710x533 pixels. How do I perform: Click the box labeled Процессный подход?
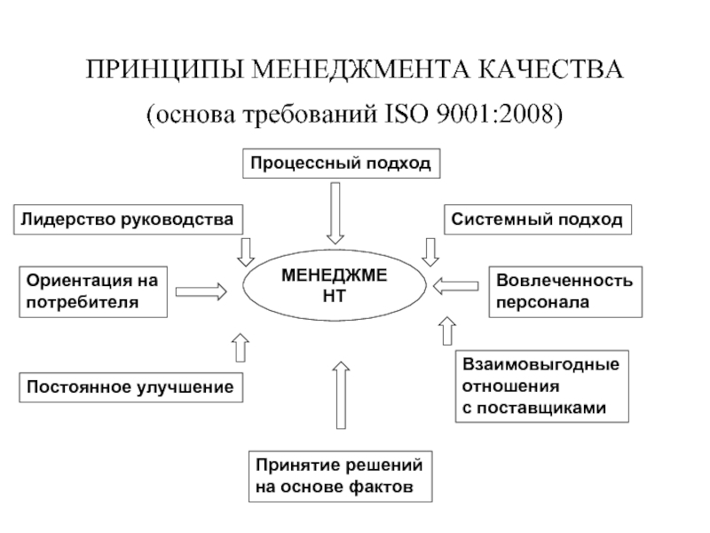(x=340, y=163)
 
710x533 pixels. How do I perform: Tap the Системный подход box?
(x=538, y=219)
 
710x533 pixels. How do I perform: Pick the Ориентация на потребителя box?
(x=92, y=291)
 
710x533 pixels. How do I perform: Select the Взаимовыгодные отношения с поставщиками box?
(x=541, y=386)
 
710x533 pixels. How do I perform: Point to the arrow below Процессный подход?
(x=335, y=212)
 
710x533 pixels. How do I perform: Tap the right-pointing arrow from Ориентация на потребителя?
(x=203, y=290)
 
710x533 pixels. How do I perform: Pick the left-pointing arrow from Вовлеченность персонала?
(x=455, y=286)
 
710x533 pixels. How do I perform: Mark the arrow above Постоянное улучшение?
(x=239, y=347)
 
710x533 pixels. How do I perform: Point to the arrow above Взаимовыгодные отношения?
(x=445, y=332)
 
